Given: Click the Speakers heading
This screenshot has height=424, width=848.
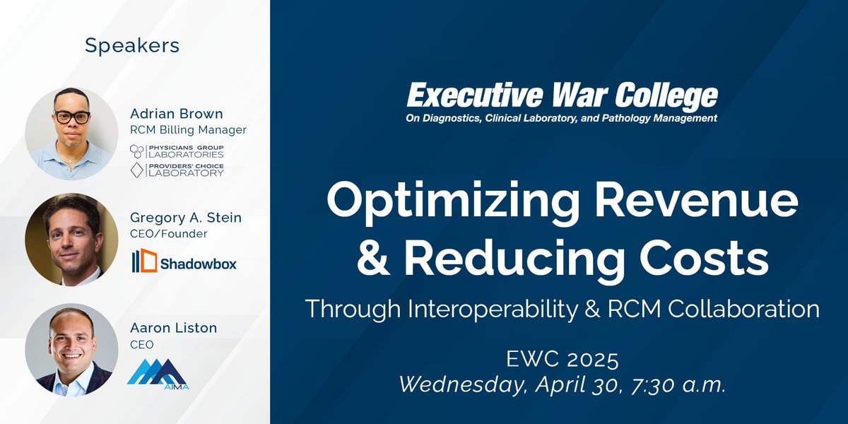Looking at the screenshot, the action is coord(132,46).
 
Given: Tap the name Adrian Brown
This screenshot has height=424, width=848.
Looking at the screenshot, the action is coord(177,114).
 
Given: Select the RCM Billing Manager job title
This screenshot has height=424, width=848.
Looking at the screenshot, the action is coord(188,130).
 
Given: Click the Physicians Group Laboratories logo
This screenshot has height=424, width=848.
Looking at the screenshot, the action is coord(177,151).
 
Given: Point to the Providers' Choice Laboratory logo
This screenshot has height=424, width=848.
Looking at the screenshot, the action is coord(177,170).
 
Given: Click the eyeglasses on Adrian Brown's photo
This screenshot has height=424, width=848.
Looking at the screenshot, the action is coord(72,117).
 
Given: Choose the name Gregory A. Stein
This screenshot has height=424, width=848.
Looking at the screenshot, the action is coord(185,218).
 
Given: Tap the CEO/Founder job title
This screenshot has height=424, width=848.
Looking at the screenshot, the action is coord(168,234).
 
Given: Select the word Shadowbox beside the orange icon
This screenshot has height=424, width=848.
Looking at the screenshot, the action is coord(199,264).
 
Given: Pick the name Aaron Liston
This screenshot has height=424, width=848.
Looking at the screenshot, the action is coord(173,328).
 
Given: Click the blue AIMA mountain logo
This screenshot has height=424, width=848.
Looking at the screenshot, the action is coord(158,374).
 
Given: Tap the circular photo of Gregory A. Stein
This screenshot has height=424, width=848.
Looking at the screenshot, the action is coord(71,240).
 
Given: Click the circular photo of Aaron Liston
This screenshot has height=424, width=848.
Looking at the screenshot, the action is coord(71,349).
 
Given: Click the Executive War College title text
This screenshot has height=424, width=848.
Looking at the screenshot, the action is coord(563,95).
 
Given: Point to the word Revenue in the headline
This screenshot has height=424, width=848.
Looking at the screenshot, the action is coord(696,200).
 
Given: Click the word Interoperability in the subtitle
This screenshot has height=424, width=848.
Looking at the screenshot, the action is coord(493,309).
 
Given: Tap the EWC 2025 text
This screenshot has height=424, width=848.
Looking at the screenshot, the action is coord(563,359).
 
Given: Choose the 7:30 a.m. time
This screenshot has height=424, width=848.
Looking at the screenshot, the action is coord(678,385).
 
